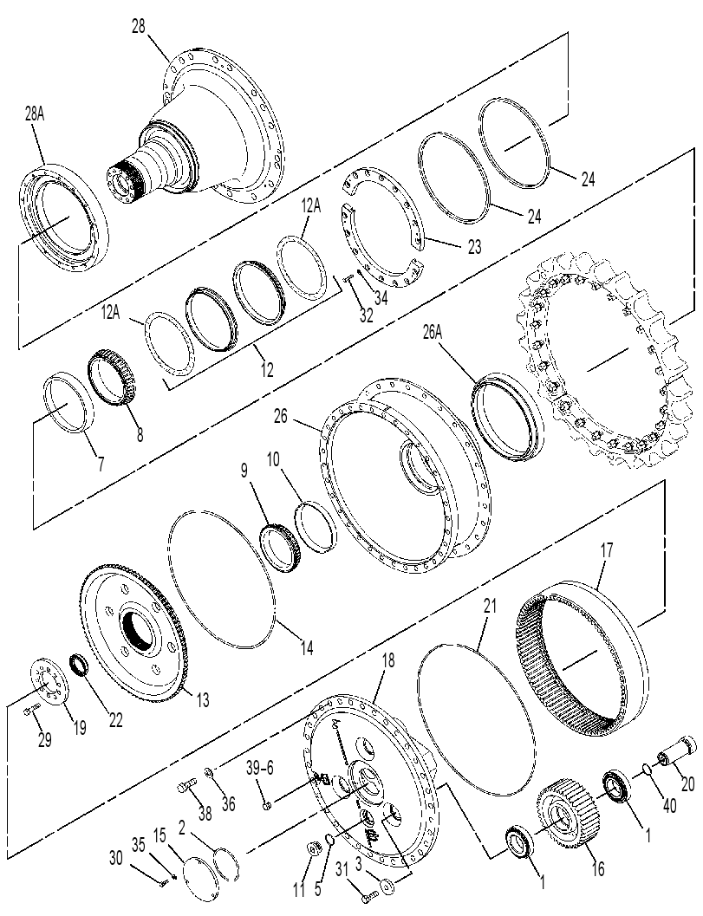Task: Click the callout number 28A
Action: click(35, 114)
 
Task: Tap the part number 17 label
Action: click(607, 550)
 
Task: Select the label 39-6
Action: click(259, 768)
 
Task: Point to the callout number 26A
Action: click(433, 333)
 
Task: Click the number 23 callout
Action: click(474, 246)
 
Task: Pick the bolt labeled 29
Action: click(31, 710)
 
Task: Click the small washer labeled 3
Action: click(387, 887)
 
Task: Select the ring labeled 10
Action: click(316, 527)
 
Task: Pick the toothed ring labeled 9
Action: click(279, 549)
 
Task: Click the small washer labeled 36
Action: click(210, 774)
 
